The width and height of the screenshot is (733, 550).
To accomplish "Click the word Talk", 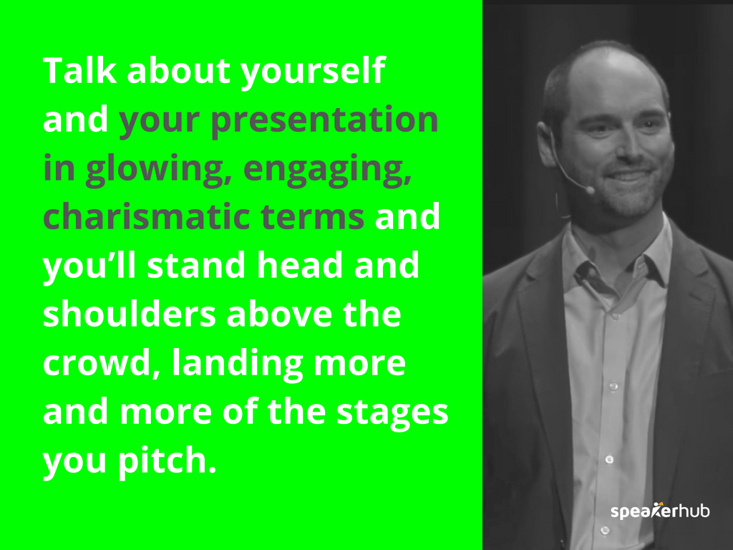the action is click(79, 71).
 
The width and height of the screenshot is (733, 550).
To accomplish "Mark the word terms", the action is click(312, 218).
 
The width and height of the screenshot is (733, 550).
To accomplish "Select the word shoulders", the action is click(130, 314).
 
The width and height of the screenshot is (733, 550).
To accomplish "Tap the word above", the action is click(279, 314).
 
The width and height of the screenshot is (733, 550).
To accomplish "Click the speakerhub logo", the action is click(659, 511).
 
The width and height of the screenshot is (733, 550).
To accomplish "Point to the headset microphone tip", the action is click(590, 189).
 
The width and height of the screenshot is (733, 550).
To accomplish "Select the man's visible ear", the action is click(547, 143).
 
